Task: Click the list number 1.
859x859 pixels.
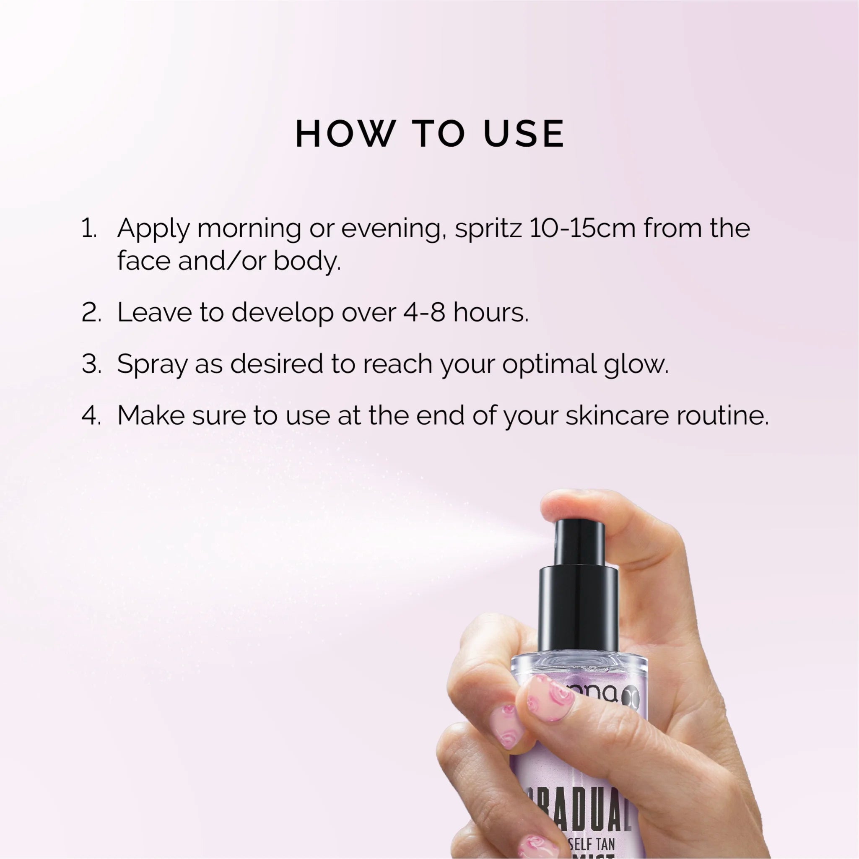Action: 89,228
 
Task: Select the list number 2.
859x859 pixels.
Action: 91,313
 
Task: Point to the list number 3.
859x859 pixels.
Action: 91,364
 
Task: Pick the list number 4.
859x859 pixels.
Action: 91,415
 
